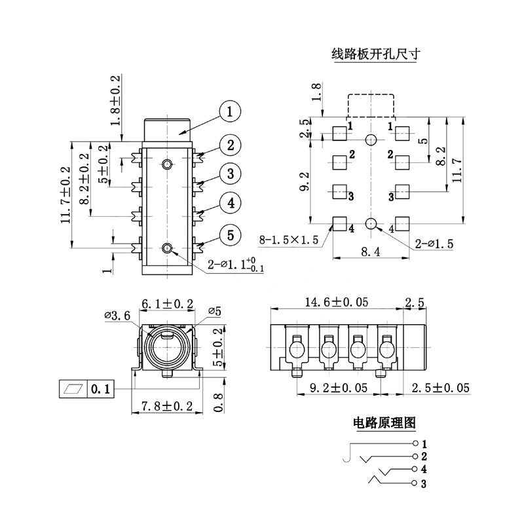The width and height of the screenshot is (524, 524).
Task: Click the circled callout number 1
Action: [230, 113]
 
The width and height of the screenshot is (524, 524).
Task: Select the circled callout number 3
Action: [230, 174]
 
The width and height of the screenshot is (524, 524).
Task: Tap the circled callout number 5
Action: [230, 234]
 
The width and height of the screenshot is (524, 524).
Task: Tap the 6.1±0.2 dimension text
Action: [166, 303]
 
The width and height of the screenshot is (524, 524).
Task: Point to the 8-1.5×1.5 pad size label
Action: [290, 240]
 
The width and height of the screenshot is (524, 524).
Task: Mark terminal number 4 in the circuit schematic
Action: [424, 470]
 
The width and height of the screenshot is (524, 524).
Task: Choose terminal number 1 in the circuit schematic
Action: [424, 444]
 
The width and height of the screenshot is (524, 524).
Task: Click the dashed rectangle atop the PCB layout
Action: [371, 105]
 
